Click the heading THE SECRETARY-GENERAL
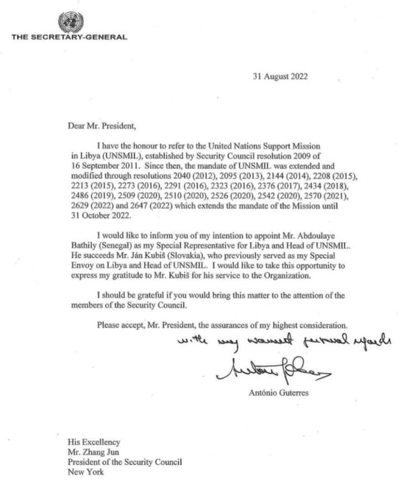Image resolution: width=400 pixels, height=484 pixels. tap(69, 37)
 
